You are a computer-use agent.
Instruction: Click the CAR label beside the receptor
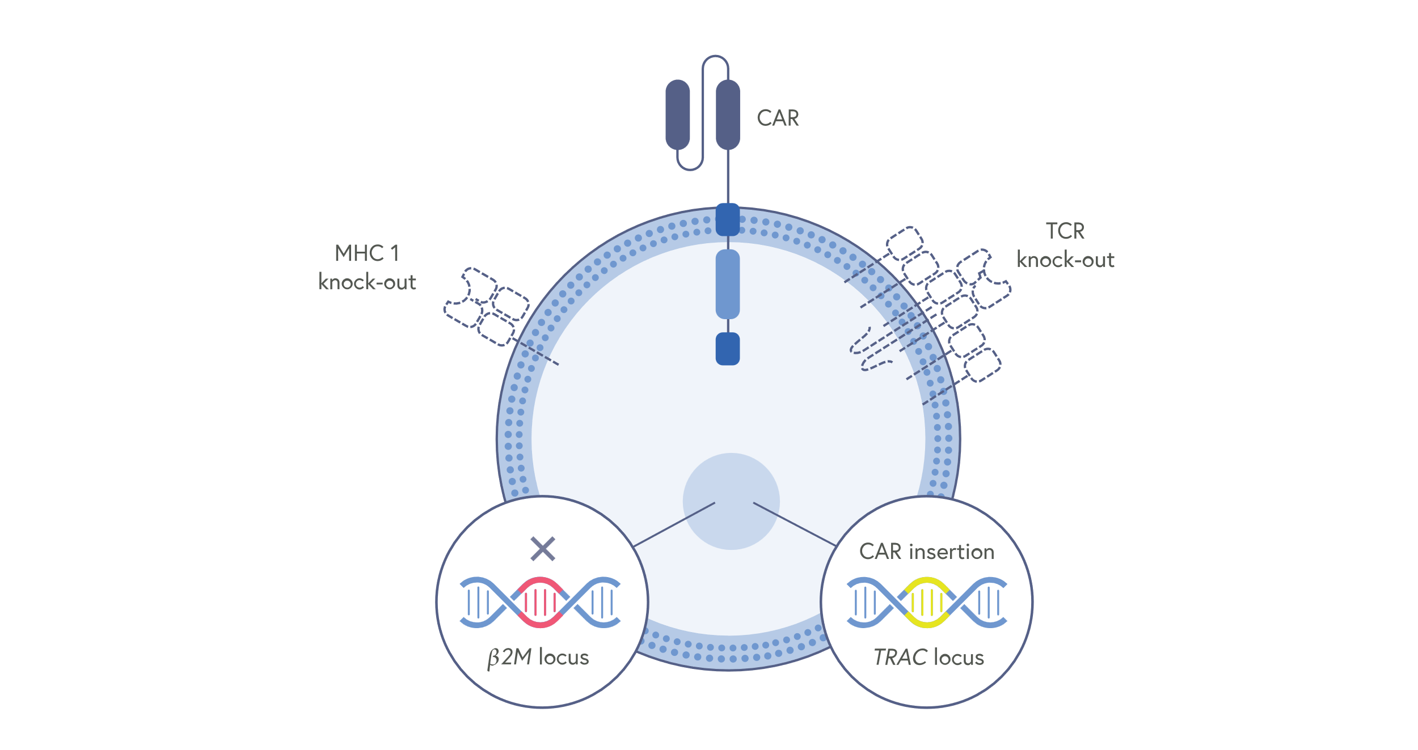tap(778, 118)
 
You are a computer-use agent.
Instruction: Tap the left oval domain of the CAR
tap(677, 115)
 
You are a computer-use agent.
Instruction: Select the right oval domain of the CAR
tap(728, 115)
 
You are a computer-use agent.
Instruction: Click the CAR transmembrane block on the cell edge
tap(728, 219)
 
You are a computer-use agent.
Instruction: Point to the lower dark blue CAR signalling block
tap(728, 349)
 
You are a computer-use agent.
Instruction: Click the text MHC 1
tap(367, 253)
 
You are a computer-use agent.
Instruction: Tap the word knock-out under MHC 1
tap(367, 282)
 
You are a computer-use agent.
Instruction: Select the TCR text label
tap(1065, 231)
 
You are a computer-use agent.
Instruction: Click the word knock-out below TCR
tap(1065, 260)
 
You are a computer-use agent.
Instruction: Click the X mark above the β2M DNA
tap(543, 549)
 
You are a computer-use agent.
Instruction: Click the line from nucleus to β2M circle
tap(674, 525)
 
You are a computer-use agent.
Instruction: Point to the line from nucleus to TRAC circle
tap(794, 524)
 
